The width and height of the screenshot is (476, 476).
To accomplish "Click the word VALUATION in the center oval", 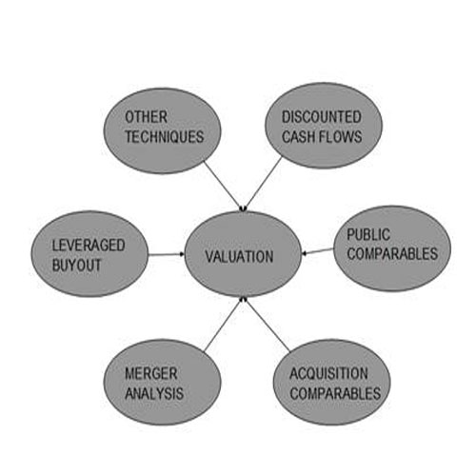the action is [x=239, y=256].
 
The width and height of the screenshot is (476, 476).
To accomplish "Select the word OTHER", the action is [x=146, y=117].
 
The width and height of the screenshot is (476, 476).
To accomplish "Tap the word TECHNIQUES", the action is [x=165, y=136].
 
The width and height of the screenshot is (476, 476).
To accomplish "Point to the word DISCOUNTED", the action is [x=322, y=117].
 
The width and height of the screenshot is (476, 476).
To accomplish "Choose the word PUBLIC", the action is [x=368, y=234].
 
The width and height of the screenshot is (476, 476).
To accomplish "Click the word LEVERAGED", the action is [x=89, y=246].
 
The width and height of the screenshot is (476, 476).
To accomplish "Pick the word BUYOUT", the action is [x=76, y=265].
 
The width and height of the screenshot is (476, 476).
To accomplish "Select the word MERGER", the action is [x=151, y=373].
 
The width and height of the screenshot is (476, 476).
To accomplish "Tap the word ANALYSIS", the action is [x=154, y=393].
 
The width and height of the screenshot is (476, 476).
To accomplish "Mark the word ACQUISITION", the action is [x=328, y=373].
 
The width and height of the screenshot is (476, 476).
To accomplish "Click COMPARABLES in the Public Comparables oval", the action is [x=392, y=253].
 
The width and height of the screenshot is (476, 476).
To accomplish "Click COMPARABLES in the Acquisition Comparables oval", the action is [x=335, y=393].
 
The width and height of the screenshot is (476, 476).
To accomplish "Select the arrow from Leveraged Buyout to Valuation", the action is [x=166, y=254].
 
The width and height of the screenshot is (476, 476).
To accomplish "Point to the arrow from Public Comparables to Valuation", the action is [x=317, y=251].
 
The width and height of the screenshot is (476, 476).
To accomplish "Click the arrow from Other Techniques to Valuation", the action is [x=225, y=186].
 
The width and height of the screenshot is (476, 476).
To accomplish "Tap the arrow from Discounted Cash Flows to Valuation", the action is [x=263, y=184].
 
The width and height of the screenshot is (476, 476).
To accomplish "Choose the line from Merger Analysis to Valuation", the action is [x=224, y=325].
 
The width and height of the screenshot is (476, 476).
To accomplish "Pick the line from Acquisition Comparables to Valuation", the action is [x=267, y=325].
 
